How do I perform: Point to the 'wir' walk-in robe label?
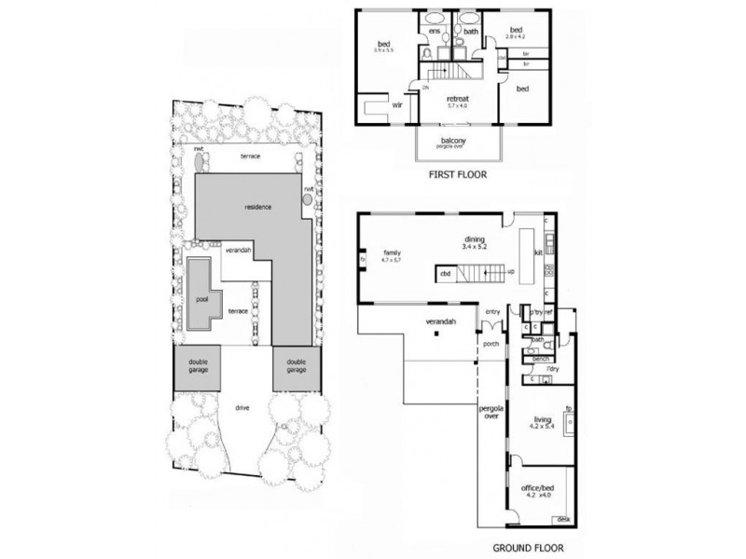point(395,106)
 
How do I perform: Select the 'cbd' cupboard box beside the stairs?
point(446,274)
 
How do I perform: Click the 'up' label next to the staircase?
point(511,271)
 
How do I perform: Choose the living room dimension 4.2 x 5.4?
point(542,429)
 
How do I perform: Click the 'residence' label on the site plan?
point(257,206)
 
